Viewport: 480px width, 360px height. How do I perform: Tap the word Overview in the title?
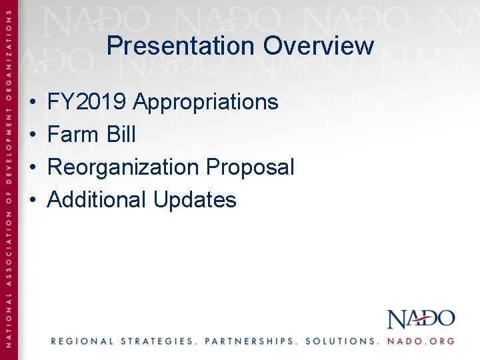point(318,46)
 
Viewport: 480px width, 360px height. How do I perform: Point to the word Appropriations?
point(205,102)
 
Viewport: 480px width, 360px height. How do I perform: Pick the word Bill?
point(120,135)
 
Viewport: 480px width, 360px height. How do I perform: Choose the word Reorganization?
point(124,167)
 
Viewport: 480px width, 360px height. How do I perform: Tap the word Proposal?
point(250,167)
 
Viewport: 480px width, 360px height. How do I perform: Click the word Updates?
point(195,200)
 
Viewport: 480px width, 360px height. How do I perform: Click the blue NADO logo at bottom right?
point(421,319)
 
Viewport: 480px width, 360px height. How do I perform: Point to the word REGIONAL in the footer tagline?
point(83,341)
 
